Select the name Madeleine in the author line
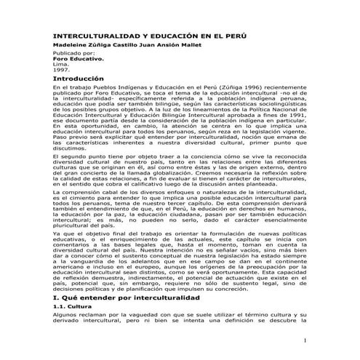[67, 45]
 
